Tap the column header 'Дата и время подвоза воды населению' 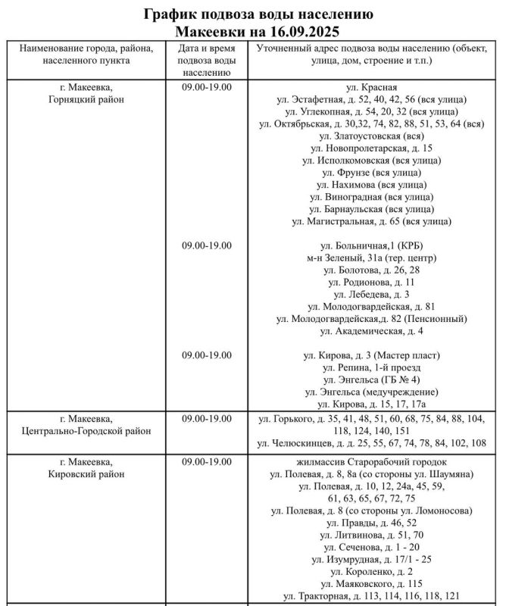tap(206, 61)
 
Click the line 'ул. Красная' tap(371, 86)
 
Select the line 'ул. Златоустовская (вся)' tap(371, 136)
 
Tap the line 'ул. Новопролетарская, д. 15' tap(371, 148)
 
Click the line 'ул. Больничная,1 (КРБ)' tap(371, 245)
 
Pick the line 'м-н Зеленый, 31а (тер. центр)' tap(371, 258)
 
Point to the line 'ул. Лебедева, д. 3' tap(371, 294)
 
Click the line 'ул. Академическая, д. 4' tap(371, 331)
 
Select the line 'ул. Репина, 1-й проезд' tap(371, 367)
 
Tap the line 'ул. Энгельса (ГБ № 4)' tap(371, 380)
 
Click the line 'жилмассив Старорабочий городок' tap(371, 462)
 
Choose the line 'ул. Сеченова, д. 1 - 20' tap(371, 547)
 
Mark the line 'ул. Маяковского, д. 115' tap(371, 583)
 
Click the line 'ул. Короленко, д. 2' tap(371, 571)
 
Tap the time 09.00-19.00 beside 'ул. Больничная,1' tap(206, 245)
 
